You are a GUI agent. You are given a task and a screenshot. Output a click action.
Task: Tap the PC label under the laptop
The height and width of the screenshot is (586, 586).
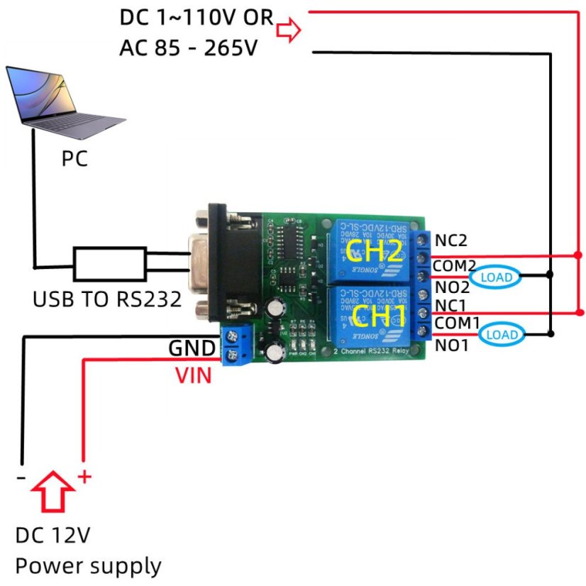pyautogui.click(x=74, y=159)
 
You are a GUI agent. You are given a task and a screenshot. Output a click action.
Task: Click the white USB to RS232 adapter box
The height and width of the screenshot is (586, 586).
pyautogui.click(x=111, y=264)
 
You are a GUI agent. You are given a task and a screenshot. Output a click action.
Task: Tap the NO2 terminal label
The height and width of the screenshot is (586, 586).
pyautogui.click(x=452, y=287)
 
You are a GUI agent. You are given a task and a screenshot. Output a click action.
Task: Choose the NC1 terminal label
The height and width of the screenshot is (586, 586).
pyautogui.click(x=451, y=304)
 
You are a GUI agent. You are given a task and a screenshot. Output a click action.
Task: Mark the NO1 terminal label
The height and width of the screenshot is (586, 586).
pyautogui.click(x=451, y=345)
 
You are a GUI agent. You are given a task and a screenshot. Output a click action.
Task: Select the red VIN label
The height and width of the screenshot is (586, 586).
pyautogui.click(x=194, y=375)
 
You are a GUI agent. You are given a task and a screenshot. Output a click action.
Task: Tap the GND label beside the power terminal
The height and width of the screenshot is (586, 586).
pyautogui.click(x=192, y=349)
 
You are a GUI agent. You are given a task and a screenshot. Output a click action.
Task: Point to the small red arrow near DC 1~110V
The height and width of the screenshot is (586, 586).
pyautogui.click(x=289, y=31)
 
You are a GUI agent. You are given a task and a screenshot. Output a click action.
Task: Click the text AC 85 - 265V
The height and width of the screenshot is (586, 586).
pyautogui.click(x=188, y=49)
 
